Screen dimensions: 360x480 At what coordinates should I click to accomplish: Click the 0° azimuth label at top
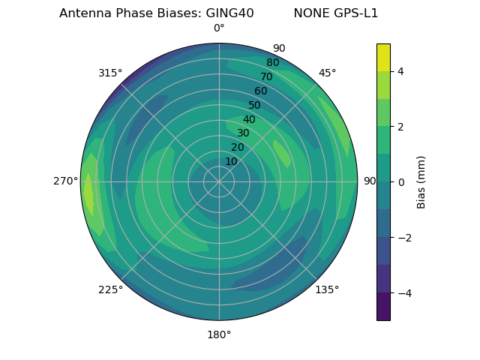coord(219,28)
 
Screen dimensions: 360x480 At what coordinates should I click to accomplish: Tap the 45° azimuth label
coord(327,73)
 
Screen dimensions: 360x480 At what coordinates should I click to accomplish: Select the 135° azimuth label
coord(327,289)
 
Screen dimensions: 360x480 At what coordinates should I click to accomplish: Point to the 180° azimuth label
coord(219,334)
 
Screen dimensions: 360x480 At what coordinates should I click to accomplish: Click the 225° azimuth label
coord(110,289)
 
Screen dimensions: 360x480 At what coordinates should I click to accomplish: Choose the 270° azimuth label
coord(66,181)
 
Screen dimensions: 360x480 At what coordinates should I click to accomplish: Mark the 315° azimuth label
coord(110,73)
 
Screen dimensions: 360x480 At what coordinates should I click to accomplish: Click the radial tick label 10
coord(231,161)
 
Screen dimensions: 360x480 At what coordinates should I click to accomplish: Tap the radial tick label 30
coord(243,133)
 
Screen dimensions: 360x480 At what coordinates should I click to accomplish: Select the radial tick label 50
coord(255,106)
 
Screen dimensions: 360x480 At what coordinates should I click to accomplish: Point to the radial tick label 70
coord(267,76)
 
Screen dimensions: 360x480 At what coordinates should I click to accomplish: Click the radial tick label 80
coord(273,62)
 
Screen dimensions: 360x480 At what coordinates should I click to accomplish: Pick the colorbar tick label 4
coord(400,71)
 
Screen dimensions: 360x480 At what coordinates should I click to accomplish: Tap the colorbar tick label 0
coord(400,182)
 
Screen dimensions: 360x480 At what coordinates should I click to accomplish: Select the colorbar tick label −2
coord(403,238)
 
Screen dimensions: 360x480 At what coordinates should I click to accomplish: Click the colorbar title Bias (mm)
coord(421,182)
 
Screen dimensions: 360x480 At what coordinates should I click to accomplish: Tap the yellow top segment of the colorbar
coord(383,58)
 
